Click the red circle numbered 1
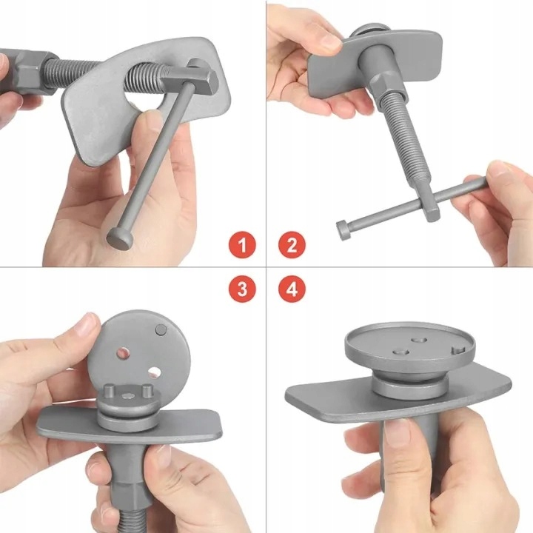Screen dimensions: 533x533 click(x=242, y=245)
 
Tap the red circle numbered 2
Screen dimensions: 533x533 click(x=292, y=245)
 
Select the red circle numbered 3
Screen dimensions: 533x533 click(x=242, y=289)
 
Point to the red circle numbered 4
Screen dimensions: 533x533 click(x=292, y=289)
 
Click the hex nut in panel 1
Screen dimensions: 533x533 click(x=33, y=72)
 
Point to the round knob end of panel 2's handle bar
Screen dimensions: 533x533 click(x=343, y=229)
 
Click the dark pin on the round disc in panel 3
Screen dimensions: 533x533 click(x=161, y=329)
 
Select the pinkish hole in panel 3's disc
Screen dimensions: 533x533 click(x=124, y=354)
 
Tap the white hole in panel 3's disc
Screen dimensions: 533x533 click(x=155, y=372)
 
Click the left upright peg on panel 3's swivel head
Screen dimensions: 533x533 click(x=110, y=391)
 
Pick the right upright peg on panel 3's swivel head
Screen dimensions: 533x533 click(x=147, y=391)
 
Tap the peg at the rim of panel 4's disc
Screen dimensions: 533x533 click(x=458, y=351)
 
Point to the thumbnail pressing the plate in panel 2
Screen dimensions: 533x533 click(x=330, y=42)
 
